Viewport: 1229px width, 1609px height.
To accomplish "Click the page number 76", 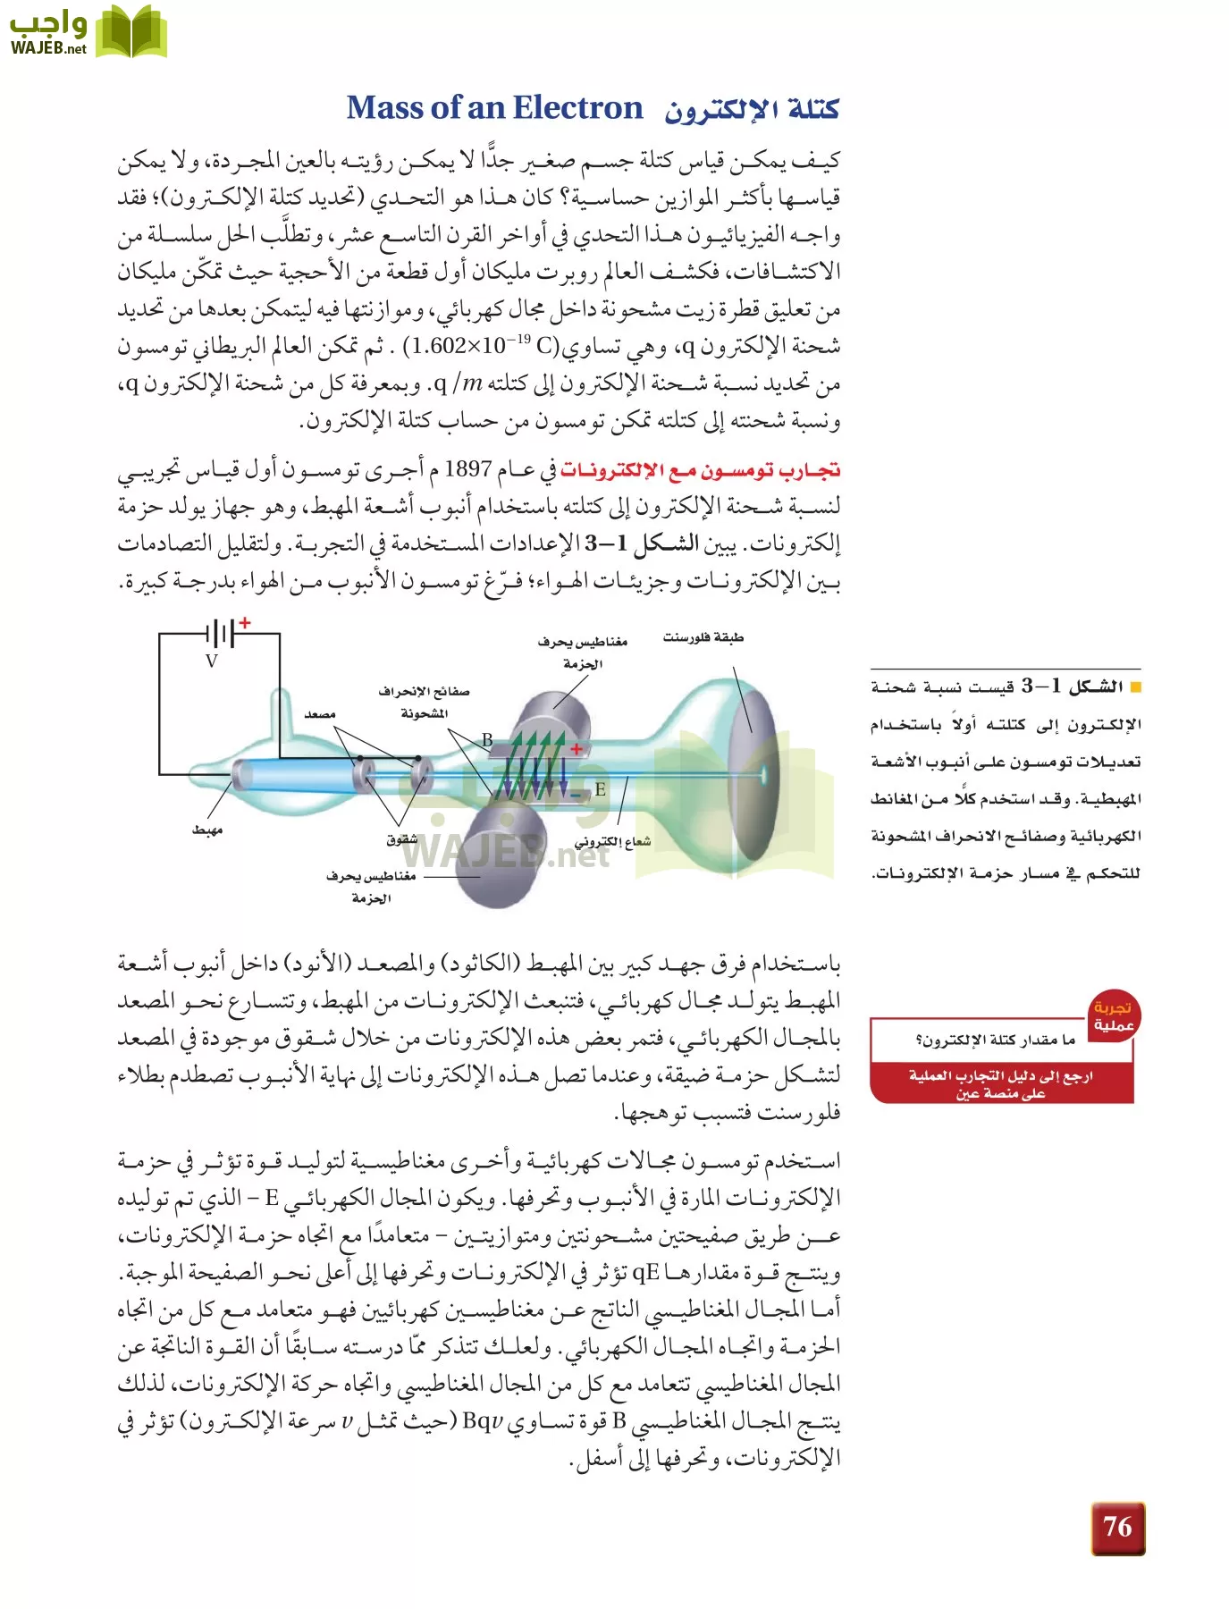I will [1117, 1528].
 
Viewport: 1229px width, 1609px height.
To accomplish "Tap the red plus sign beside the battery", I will [245, 622].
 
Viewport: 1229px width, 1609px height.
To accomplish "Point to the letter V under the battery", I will [212, 661].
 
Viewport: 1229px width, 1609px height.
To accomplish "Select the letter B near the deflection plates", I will [487, 739].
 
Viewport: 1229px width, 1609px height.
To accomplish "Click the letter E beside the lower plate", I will [600, 789].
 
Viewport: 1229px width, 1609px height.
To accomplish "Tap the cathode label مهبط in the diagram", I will [207, 830].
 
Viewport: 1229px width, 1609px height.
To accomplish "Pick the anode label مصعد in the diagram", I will [319, 713].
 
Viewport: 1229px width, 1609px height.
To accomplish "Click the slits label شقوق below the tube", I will [402, 839].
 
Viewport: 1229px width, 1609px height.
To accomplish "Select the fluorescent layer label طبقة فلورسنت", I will [703, 637].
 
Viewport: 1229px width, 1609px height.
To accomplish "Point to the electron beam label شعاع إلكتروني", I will [612, 841].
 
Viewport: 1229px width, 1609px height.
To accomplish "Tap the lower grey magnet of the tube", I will [493, 855].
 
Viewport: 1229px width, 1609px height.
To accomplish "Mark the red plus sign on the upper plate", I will [577, 749].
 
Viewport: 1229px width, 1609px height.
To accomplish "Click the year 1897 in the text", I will [467, 469].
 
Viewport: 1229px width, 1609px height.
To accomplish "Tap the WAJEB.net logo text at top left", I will [48, 48].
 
